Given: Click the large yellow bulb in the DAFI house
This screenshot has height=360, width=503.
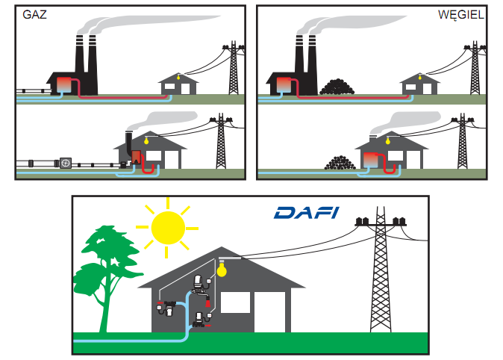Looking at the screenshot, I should [x=221, y=270].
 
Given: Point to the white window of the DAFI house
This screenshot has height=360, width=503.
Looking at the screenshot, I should [x=234, y=302].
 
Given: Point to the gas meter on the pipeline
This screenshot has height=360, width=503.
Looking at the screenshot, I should [x=66, y=163].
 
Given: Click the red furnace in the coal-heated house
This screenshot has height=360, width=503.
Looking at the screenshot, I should [x=371, y=158].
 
